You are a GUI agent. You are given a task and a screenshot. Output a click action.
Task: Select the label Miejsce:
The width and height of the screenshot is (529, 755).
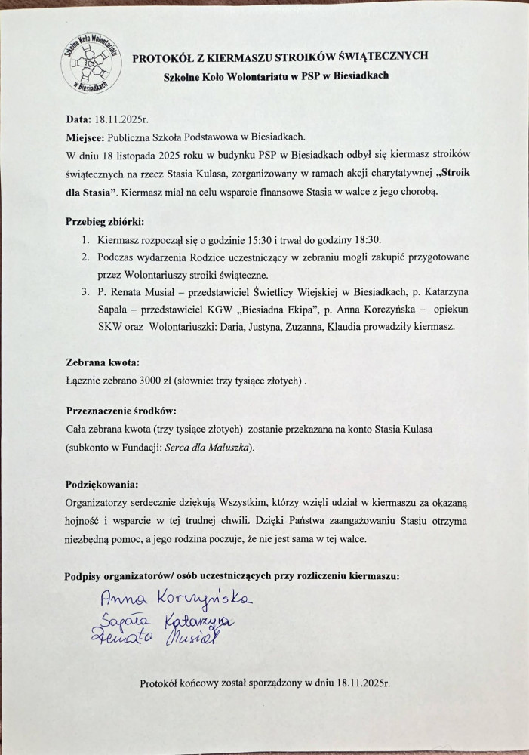(90, 137)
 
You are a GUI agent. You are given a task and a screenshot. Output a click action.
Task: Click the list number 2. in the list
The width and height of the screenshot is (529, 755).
(86, 257)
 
